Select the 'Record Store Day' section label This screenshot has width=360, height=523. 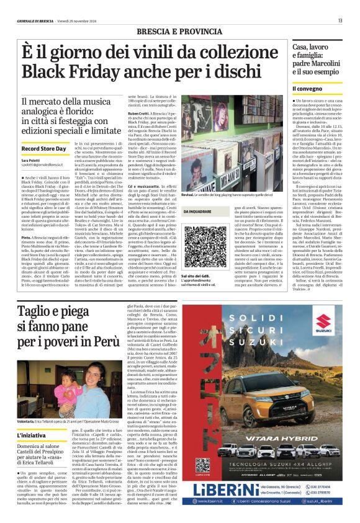point(44,150)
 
